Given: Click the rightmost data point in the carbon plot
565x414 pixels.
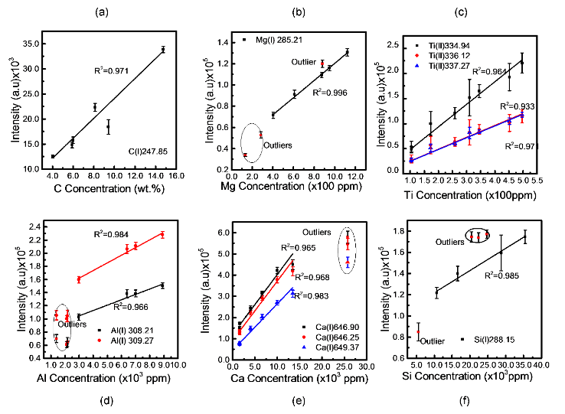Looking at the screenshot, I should (x=163, y=50).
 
